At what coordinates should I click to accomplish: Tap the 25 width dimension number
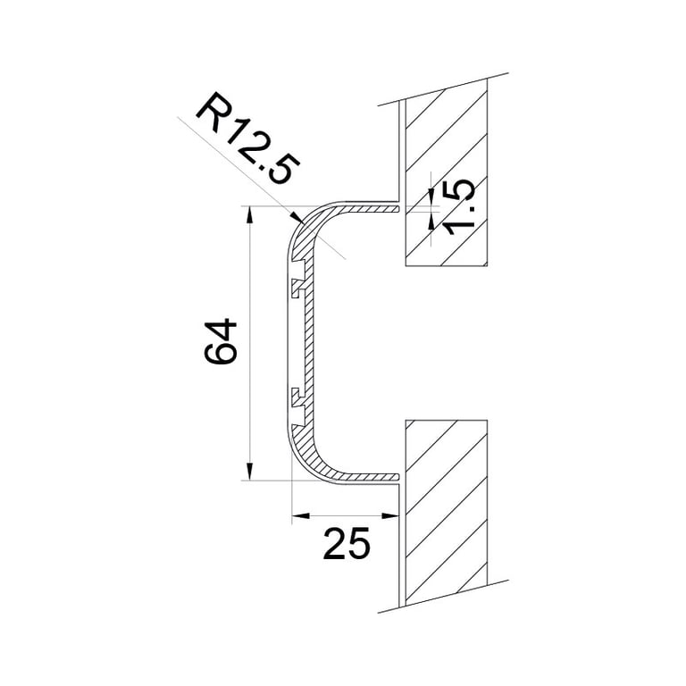click(x=346, y=543)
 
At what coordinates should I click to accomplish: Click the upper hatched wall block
click(x=446, y=170)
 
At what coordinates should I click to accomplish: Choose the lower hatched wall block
click(x=446, y=509)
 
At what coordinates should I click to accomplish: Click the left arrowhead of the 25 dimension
click(x=299, y=515)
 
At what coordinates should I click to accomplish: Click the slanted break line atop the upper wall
click(x=433, y=91)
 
